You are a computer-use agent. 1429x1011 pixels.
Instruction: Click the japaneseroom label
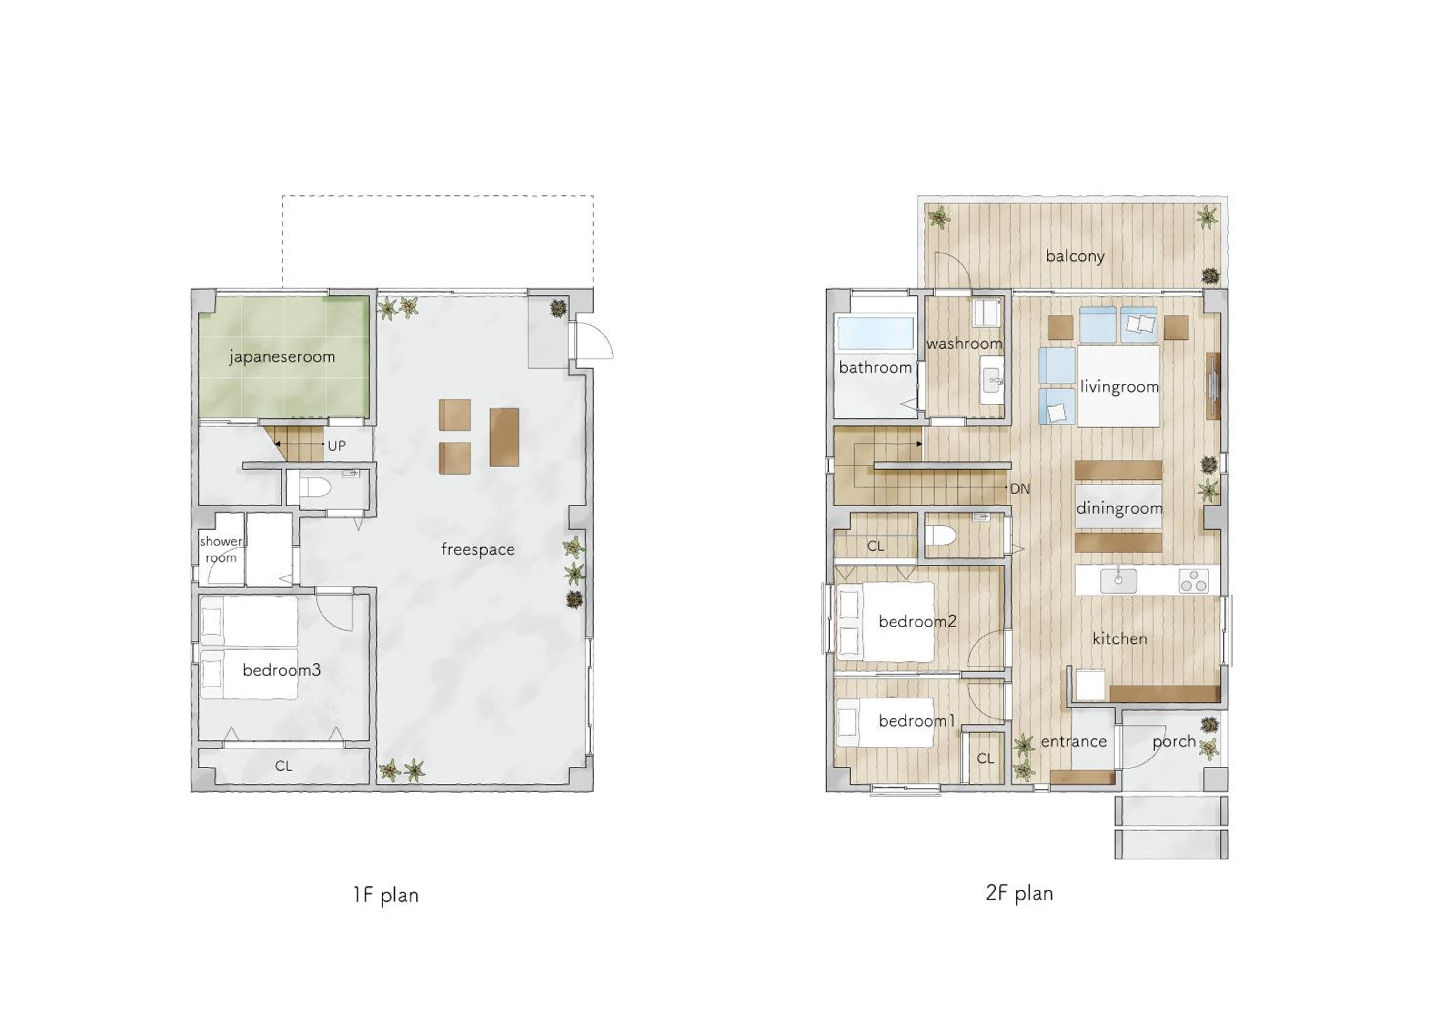pos(282,357)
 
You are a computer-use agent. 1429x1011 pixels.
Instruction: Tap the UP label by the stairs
pos(337,446)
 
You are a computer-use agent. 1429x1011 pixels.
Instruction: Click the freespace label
pos(477,549)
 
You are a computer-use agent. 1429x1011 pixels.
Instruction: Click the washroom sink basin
pos(992,380)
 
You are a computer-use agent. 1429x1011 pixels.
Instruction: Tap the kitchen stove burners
pos(1194,581)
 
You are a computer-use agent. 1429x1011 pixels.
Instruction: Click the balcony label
pos(1075,256)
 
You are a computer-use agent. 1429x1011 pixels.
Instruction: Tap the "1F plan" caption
pos(386,896)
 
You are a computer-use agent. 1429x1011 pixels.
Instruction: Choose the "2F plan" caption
pos(1019,893)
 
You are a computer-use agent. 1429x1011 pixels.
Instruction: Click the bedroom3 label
pos(282,670)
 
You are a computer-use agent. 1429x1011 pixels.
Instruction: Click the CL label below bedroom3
pos(284,766)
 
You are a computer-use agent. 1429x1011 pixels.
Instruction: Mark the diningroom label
pos(1119,508)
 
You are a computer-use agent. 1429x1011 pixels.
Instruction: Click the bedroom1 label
pos(916,721)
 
